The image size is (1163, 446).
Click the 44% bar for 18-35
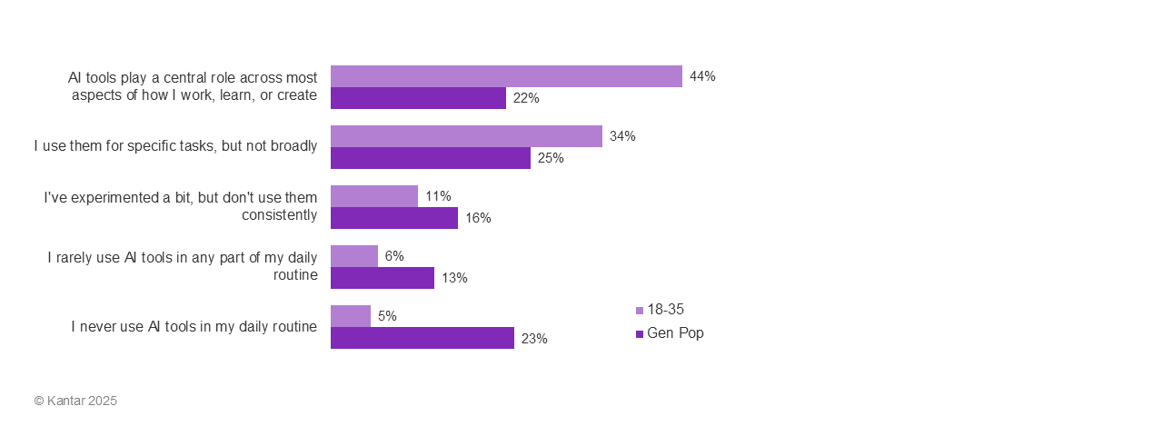pos(506,76)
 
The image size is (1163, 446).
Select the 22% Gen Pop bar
pos(418,98)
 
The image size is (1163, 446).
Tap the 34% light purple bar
pos(466,136)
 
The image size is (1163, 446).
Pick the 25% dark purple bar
pos(431,158)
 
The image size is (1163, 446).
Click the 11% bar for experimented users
pos(374,196)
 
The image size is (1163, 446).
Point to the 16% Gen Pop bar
pos(394,218)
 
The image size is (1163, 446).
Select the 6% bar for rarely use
pos(354,256)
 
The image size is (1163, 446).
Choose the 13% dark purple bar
pos(383,278)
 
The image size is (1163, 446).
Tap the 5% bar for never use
pos(351,316)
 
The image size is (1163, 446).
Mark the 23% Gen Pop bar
pos(422,338)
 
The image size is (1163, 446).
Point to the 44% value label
pos(702,76)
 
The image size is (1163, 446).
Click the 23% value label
pos(534,339)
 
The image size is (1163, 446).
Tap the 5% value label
pos(387,316)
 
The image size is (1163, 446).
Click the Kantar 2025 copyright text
pos(75,401)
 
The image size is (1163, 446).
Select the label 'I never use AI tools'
pos(194,327)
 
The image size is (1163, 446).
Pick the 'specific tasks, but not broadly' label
pos(176,146)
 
